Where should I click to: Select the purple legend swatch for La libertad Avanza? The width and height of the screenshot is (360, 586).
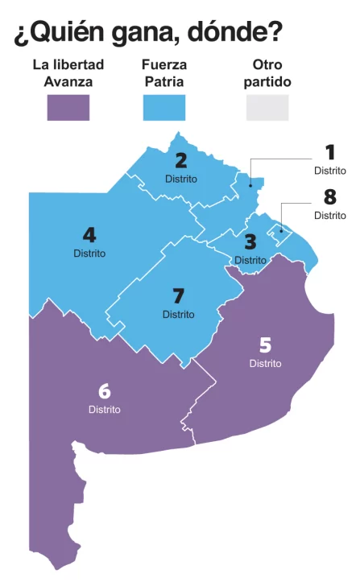[68, 107]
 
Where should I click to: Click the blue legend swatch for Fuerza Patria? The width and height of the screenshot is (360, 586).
[163, 107]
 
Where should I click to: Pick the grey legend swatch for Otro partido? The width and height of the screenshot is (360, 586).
[267, 107]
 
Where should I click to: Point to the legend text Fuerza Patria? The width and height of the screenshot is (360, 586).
[163, 72]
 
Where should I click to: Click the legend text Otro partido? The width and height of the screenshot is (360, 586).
[267, 72]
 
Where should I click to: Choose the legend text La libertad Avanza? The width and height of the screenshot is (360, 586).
[68, 72]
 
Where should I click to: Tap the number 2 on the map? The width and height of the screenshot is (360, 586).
[180, 160]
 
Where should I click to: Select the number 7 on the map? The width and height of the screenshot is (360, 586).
[179, 295]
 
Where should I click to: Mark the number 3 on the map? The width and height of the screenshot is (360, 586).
[250, 241]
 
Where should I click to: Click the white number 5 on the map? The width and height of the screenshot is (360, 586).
[265, 345]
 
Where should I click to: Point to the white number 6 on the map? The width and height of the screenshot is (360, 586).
[104, 391]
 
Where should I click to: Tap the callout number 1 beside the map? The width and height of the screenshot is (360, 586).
[329, 152]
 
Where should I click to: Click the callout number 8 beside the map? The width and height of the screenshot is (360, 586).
[329, 197]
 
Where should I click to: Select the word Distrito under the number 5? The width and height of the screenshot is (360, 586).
[265, 364]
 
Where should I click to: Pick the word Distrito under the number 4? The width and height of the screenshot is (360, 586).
[89, 254]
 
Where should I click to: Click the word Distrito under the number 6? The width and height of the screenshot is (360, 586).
[104, 410]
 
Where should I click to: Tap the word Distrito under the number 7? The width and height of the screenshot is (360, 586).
[178, 314]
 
